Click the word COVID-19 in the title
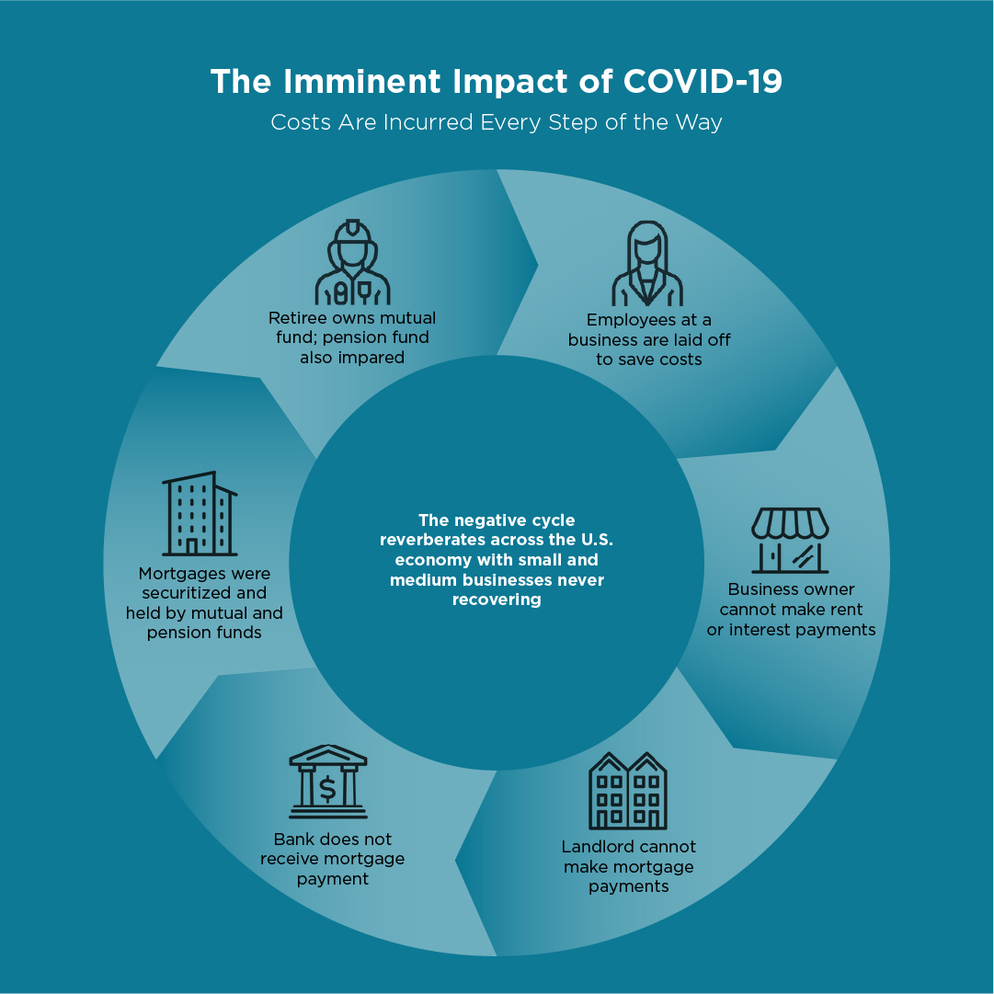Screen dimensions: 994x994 [x=703, y=82]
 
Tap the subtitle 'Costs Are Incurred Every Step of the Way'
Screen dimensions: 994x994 [x=497, y=122]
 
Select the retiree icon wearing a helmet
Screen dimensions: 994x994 [x=352, y=262]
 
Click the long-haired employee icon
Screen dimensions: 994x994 [x=647, y=264]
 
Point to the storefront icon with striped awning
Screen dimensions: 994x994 [x=790, y=541]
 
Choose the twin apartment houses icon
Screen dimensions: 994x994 [x=628, y=791]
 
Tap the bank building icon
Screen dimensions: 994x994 [x=327, y=782]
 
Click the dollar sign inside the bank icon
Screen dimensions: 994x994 [x=327, y=789]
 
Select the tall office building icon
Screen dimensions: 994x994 [x=200, y=513]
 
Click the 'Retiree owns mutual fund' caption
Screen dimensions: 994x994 [x=352, y=337]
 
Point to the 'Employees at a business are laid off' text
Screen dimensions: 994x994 [x=649, y=340]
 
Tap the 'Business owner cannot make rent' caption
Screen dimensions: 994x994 [x=791, y=610]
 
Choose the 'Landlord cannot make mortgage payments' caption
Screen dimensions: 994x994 [x=628, y=866]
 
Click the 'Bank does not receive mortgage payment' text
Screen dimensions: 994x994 [x=332, y=859]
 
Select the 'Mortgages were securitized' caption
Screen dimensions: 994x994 [x=204, y=603]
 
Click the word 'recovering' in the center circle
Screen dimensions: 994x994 [x=497, y=600]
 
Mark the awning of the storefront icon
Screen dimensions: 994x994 [x=790, y=523]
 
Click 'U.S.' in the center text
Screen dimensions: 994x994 [x=597, y=540]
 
